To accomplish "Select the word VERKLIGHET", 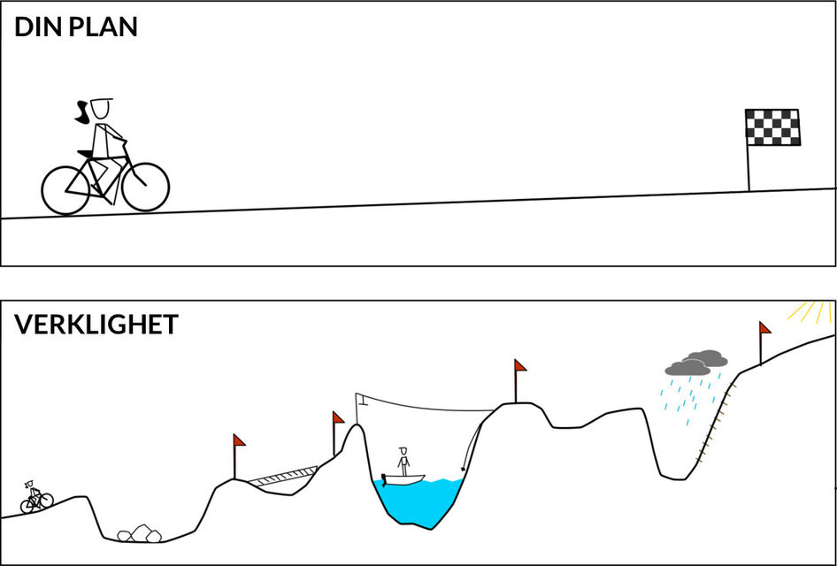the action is tap(96, 325).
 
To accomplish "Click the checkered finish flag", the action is tap(772, 127).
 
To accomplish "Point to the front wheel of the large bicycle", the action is tap(145, 187).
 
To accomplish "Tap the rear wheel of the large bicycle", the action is tap(65, 190).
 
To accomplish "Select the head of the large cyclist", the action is tap(100, 108).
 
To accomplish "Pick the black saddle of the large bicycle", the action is tap(86, 154).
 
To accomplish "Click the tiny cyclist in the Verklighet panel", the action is tap(36, 497).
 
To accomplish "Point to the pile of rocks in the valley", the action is tap(139, 534).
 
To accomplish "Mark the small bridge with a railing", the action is tap(283, 476).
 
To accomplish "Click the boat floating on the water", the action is tap(403, 478).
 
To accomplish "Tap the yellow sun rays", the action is tap(811, 312).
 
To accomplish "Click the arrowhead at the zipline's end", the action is tap(464, 469).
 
